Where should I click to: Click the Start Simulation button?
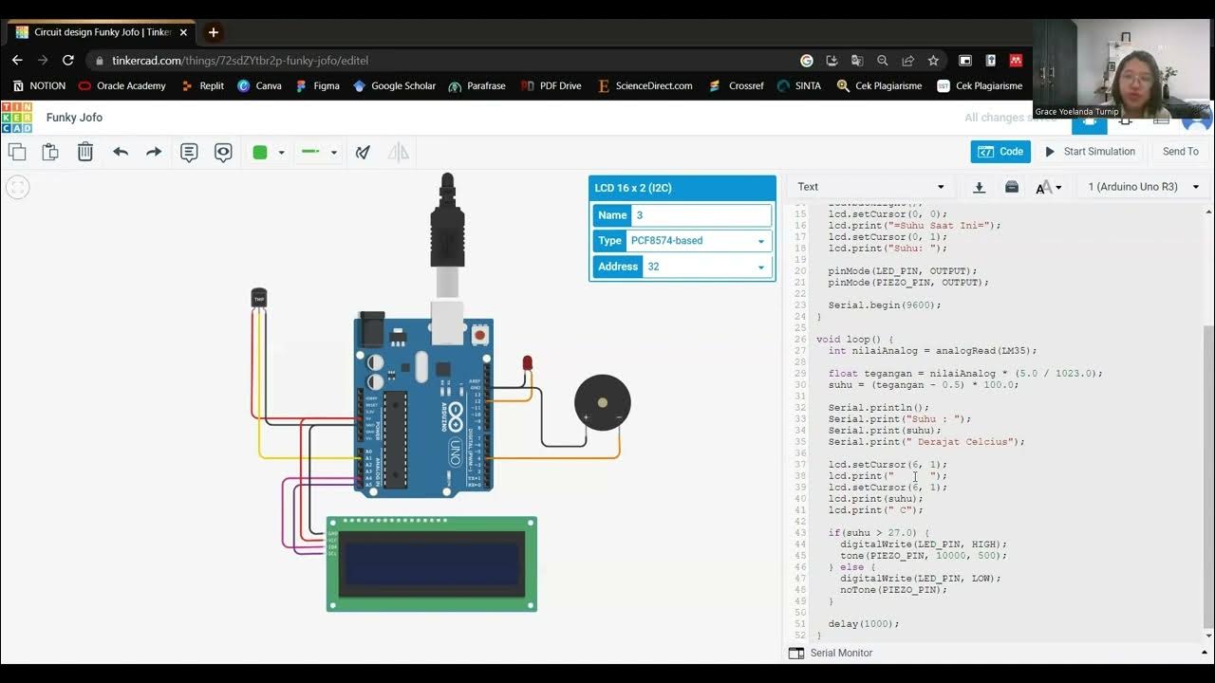coord(1090,152)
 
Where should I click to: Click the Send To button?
coord(1180,152)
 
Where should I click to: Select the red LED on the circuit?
coord(528,363)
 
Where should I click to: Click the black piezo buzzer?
coord(602,402)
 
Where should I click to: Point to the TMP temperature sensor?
coord(258,298)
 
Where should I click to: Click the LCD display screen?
coord(432,563)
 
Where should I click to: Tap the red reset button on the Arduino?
coord(480,334)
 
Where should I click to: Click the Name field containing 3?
coord(701,215)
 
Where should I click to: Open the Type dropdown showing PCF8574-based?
coord(698,241)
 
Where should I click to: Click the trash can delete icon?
coord(85,152)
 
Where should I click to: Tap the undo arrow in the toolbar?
coord(121,152)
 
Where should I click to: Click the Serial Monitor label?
coord(841,653)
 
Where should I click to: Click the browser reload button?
coord(68,60)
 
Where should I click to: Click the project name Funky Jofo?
coord(74,118)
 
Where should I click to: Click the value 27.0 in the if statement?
coord(902,533)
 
